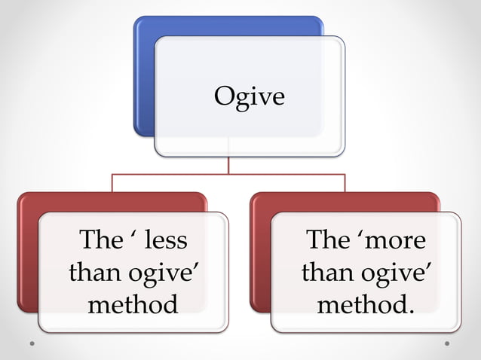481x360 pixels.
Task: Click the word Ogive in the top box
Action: [x=250, y=96]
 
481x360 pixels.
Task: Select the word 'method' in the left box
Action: [x=133, y=304]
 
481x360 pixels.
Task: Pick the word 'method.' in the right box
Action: [x=366, y=304]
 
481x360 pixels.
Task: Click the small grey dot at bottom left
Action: [x=32, y=343]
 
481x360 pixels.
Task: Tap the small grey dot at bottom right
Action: [x=447, y=343]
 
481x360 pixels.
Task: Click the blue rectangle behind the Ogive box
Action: [x=143, y=75]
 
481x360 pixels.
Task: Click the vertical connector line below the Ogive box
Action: [x=228, y=166]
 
